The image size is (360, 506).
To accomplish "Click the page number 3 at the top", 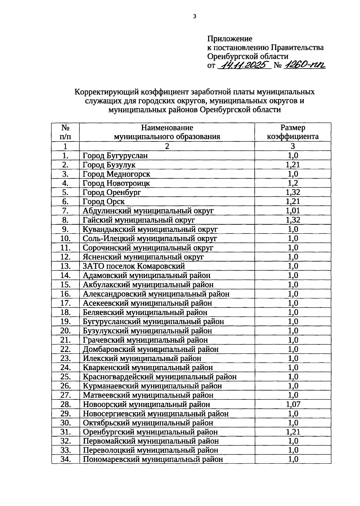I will pyautogui.click(x=195, y=17).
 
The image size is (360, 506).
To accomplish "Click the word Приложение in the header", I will pyautogui.click(x=229, y=39).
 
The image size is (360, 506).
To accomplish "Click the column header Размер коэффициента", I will pyautogui.click(x=293, y=132).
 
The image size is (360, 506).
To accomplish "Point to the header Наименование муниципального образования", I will pyautogui.click(x=167, y=132).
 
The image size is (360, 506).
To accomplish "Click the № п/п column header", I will pyautogui.click(x=65, y=132).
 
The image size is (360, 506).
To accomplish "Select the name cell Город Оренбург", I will pyautogui.click(x=112, y=192).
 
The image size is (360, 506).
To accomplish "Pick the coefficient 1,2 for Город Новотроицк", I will pyautogui.click(x=293, y=183).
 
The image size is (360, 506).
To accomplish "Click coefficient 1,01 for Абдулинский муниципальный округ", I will pyautogui.click(x=293, y=211).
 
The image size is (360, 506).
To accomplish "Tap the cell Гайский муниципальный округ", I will pyautogui.click(x=139, y=220).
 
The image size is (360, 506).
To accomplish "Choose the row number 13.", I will pyautogui.click(x=65, y=266).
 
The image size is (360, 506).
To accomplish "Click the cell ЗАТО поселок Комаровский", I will pyautogui.click(x=134, y=266).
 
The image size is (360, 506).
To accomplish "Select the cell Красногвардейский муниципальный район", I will pyautogui.click(x=160, y=377).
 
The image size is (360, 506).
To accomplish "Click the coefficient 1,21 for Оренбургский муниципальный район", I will pyautogui.click(x=293, y=432).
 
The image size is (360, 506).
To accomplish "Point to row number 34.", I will pyautogui.click(x=65, y=459).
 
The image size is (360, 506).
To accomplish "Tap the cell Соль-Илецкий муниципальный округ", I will pyautogui.click(x=150, y=238).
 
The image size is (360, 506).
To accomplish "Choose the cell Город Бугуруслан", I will pyautogui.click(x=115, y=156).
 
